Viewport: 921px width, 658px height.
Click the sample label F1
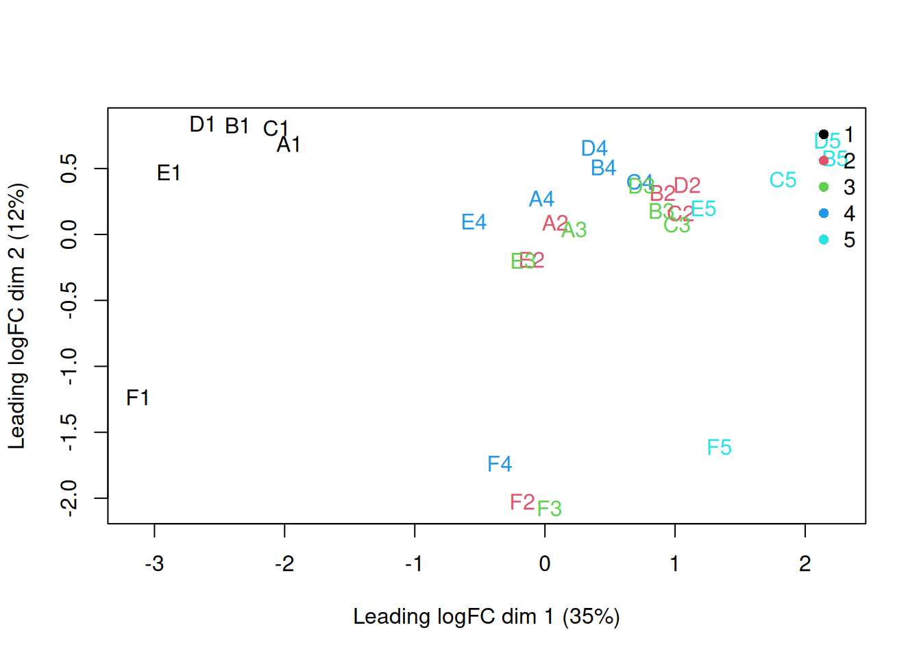point(138,398)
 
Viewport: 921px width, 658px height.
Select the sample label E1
point(169,173)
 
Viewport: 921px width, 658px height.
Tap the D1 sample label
point(202,124)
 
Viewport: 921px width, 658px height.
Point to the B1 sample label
point(237,126)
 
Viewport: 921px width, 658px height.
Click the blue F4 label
point(500,464)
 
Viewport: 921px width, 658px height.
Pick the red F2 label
point(522,502)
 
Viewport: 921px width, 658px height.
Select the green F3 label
point(550,509)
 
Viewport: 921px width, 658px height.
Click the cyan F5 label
point(720,448)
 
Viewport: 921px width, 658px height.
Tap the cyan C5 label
point(783,180)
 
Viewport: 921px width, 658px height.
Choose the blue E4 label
point(474,222)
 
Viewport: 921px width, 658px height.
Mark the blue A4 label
point(541,199)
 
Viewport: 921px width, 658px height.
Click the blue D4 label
point(594,149)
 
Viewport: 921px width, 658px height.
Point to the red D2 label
point(687,186)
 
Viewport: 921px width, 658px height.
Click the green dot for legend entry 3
point(824,187)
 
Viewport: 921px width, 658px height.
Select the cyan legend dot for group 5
point(824,239)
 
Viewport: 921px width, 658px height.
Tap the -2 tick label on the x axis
point(284,563)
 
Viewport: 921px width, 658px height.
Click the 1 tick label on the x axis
point(675,563)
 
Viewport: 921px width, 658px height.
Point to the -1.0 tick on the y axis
point(69,367)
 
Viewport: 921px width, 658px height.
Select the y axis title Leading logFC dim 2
point(16,316)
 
